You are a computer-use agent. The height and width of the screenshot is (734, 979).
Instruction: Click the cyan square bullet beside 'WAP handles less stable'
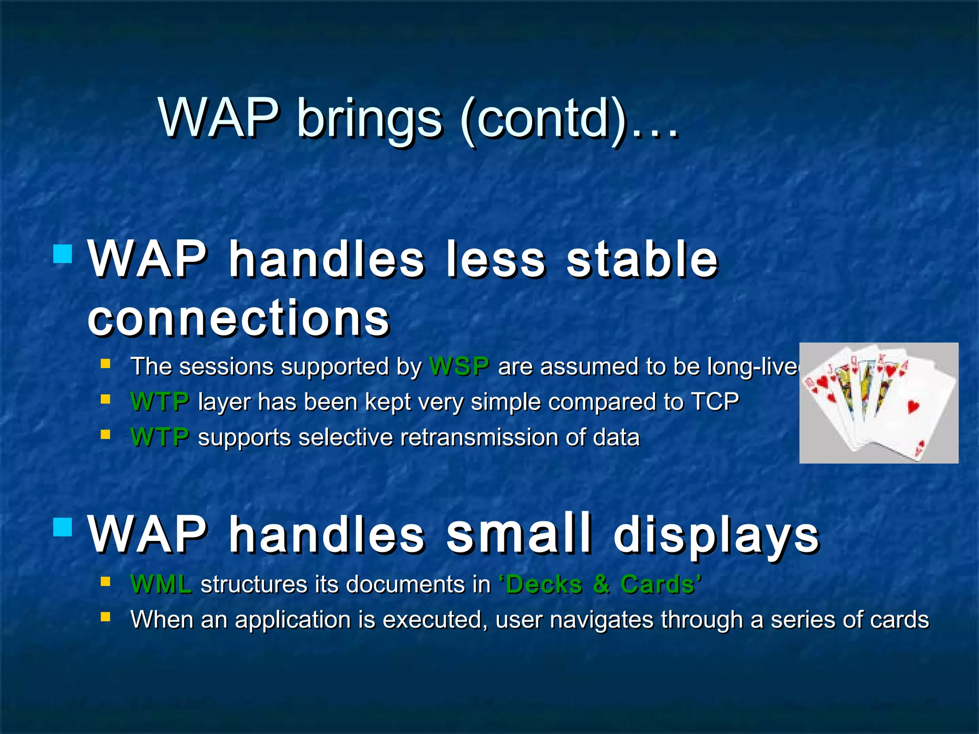[63, 254]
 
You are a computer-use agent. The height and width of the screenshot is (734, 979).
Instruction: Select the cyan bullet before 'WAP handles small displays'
[63, 528]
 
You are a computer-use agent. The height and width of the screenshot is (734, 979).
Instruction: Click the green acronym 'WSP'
[459, 367]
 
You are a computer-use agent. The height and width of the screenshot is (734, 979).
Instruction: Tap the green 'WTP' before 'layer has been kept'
[160, 402]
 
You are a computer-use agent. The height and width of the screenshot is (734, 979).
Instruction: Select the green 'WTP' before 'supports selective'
[160, 437]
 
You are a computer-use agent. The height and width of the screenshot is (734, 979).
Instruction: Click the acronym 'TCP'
[715, 401]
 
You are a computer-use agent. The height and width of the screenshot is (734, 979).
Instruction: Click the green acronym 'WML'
[161, 584]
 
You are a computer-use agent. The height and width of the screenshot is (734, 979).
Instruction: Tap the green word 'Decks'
[544, 584]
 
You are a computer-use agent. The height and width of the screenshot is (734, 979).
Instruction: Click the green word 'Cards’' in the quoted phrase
[660, 584]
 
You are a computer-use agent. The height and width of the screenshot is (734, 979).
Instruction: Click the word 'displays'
[716, 535]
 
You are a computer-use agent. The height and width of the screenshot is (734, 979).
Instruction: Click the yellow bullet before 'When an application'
[106, 617]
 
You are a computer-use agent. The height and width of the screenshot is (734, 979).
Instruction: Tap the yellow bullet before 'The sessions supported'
[106, 364]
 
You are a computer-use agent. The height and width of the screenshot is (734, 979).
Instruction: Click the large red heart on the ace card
[913, 406]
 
